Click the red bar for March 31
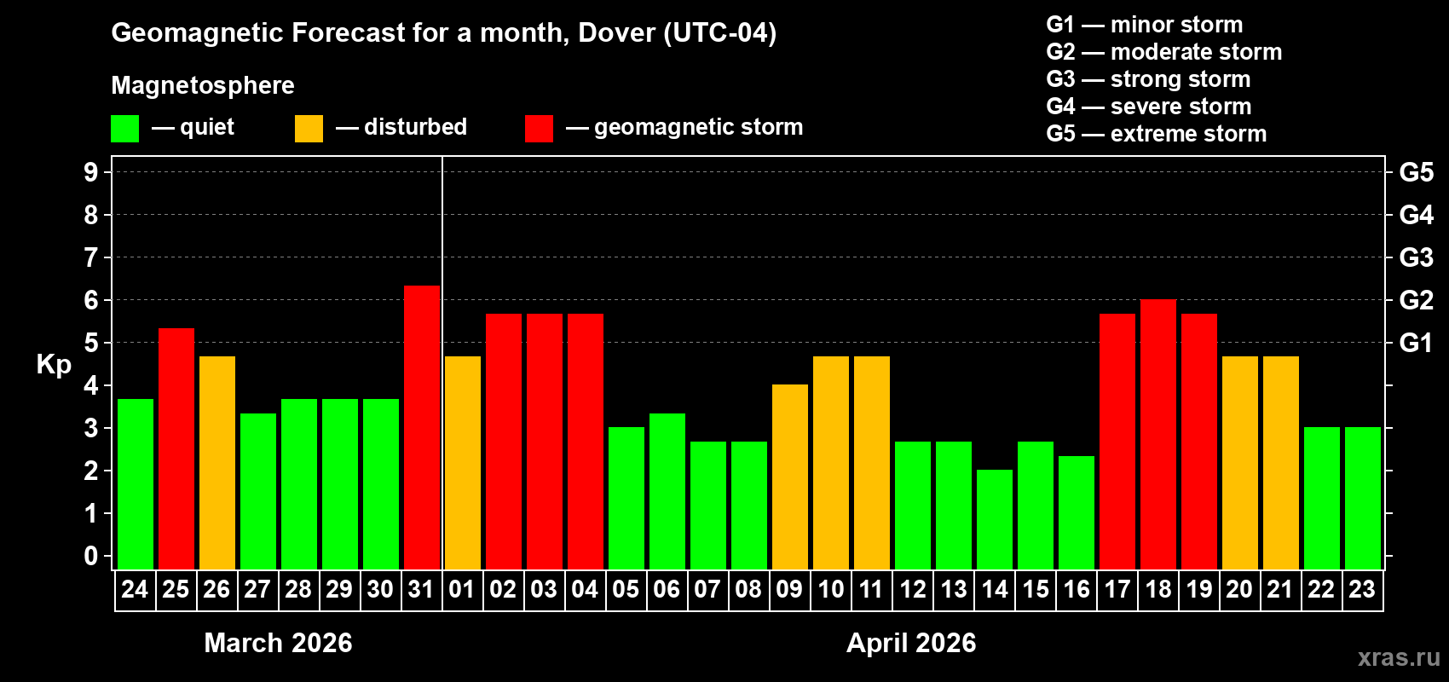pyautogui.click(x=422, y=427)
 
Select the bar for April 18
pyautogui.click(x=1158, y=434)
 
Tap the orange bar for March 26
pyautogui.click(x=217, y=462)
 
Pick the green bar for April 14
pyautogui.click(x=995, y=519)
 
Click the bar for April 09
pyautogui.click(x=790, y=477)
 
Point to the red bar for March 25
pyautogui.click(x=176, y=448)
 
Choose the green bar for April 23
pyautogui.click(x=1363, y=498)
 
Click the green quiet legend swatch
pyautogui.click(x=125, y=129)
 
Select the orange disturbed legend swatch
pyautogui.click(x=309, y=129)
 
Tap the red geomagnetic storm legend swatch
pyautogui.click(x=539, y=129)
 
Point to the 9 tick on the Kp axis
pyautogui.click(x=91, y=172)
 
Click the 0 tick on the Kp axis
pyautogui.click(x=91, y=557)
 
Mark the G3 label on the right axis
pyautogui.click(x=1416, y=257)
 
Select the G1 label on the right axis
pyautogui.click(x=1416, y=343)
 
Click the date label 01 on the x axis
pyautogui.click(x=462, y=589)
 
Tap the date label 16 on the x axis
pyautogui.click(x=1077, y=589)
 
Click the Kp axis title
pyautogui.click(x=54, y=364)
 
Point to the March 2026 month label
pyautogui.click(x=278, y=643)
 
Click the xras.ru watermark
pyautogui.click(x=1399, y=657)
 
